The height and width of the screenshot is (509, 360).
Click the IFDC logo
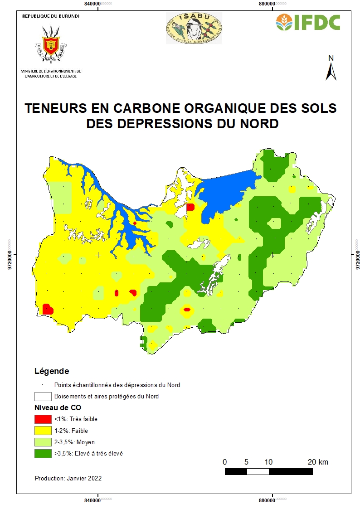pos(308,22)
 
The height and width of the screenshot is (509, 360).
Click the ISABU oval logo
pos(194,28)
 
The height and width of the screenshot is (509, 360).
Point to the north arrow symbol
pos(331,68)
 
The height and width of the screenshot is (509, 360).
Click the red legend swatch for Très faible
pos(43,419)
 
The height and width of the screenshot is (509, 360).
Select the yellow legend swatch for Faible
pos(43,431)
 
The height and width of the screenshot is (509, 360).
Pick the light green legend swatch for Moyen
pos(43,442)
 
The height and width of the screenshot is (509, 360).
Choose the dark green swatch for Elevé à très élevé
pos(43,453)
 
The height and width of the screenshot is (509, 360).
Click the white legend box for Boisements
pos(43,396)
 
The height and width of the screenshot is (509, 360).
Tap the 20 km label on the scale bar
pos(317,462)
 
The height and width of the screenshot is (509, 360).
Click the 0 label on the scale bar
pos(225,462)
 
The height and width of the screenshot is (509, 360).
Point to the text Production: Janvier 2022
pos(68,478)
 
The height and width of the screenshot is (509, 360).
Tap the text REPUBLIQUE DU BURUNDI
pos(51,16)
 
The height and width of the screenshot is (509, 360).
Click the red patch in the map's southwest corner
pos(48,309)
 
